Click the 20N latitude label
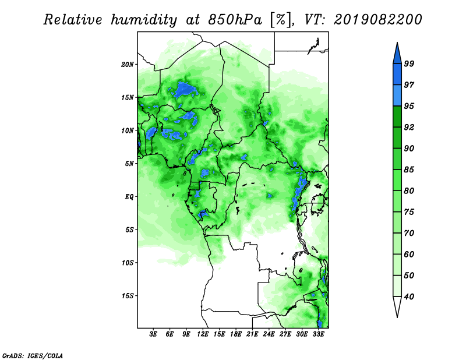click(x=128, y=64)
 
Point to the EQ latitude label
click(x=129, y=197)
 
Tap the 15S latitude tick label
click(x=128, y=296)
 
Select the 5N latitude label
click(x=129, y=164)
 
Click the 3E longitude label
click(x=153, y=334)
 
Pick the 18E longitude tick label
click(x=236, y=334)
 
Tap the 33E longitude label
click(x=318, y=334)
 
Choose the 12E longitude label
click(x=203, y=334)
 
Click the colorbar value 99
click(x=409, y=63)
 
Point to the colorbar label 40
click(x=409, y=297)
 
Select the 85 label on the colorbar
click(x=409, y=170)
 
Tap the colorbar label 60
click(x=409, y=255)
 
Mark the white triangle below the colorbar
click(x=397, y=306)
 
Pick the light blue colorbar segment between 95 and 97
click(x=397, y=96)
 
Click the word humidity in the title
click(x=144, y=20)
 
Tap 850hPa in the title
click(x=235, y=20)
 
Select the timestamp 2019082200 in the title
click(x=377, y=20)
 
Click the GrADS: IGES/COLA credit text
click(x=33, y=355)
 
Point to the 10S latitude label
click(x=128, y=263)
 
